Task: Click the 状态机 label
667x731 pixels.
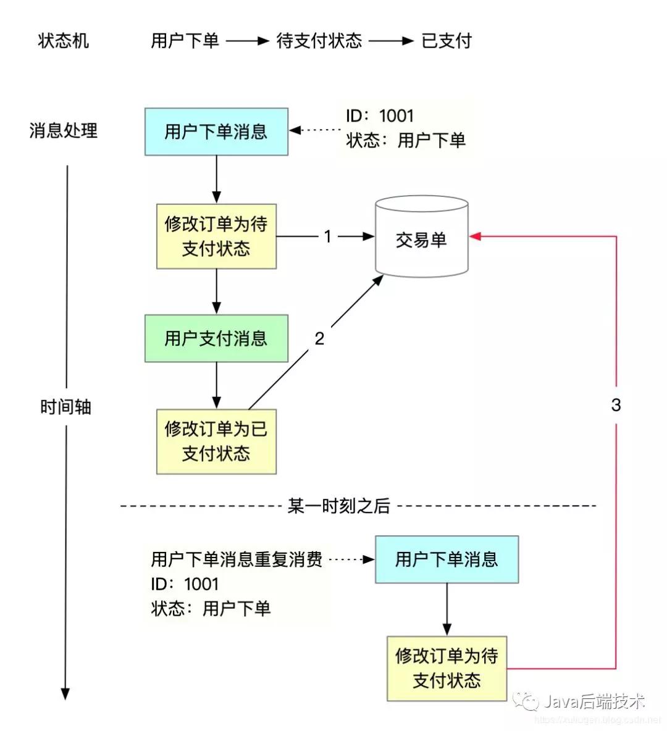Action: tap(64, 41)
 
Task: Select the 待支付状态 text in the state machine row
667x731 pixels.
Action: tap(319, 41)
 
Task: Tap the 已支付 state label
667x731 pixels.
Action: tap(447, 41)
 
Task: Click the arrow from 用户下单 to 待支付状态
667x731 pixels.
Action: tap(247, 41)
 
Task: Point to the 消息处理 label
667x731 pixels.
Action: tap(64, 130)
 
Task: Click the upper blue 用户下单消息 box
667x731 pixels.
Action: tap(216, 132)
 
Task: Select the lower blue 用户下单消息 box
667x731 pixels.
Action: tap(447, 559)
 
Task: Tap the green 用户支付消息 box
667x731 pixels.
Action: tap(216, 338)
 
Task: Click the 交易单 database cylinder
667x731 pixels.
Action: tap(422, 236)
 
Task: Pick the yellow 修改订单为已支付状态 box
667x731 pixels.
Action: tap(216, 441)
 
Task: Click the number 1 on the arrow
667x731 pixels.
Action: tap(328, 236)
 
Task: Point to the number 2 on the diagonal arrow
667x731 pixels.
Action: tap(319, 338)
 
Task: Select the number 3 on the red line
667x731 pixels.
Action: tap(616, 404)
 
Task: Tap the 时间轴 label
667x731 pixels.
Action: tap(65, 407)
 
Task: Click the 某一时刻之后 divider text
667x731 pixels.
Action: tap(339, 506)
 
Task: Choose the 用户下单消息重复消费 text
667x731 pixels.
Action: tap(237, 559)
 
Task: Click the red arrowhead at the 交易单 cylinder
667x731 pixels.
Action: tap(475, 236)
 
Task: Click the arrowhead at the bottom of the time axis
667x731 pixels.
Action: tap(65, 694)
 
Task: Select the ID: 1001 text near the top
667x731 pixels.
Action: tap(380, 115)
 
